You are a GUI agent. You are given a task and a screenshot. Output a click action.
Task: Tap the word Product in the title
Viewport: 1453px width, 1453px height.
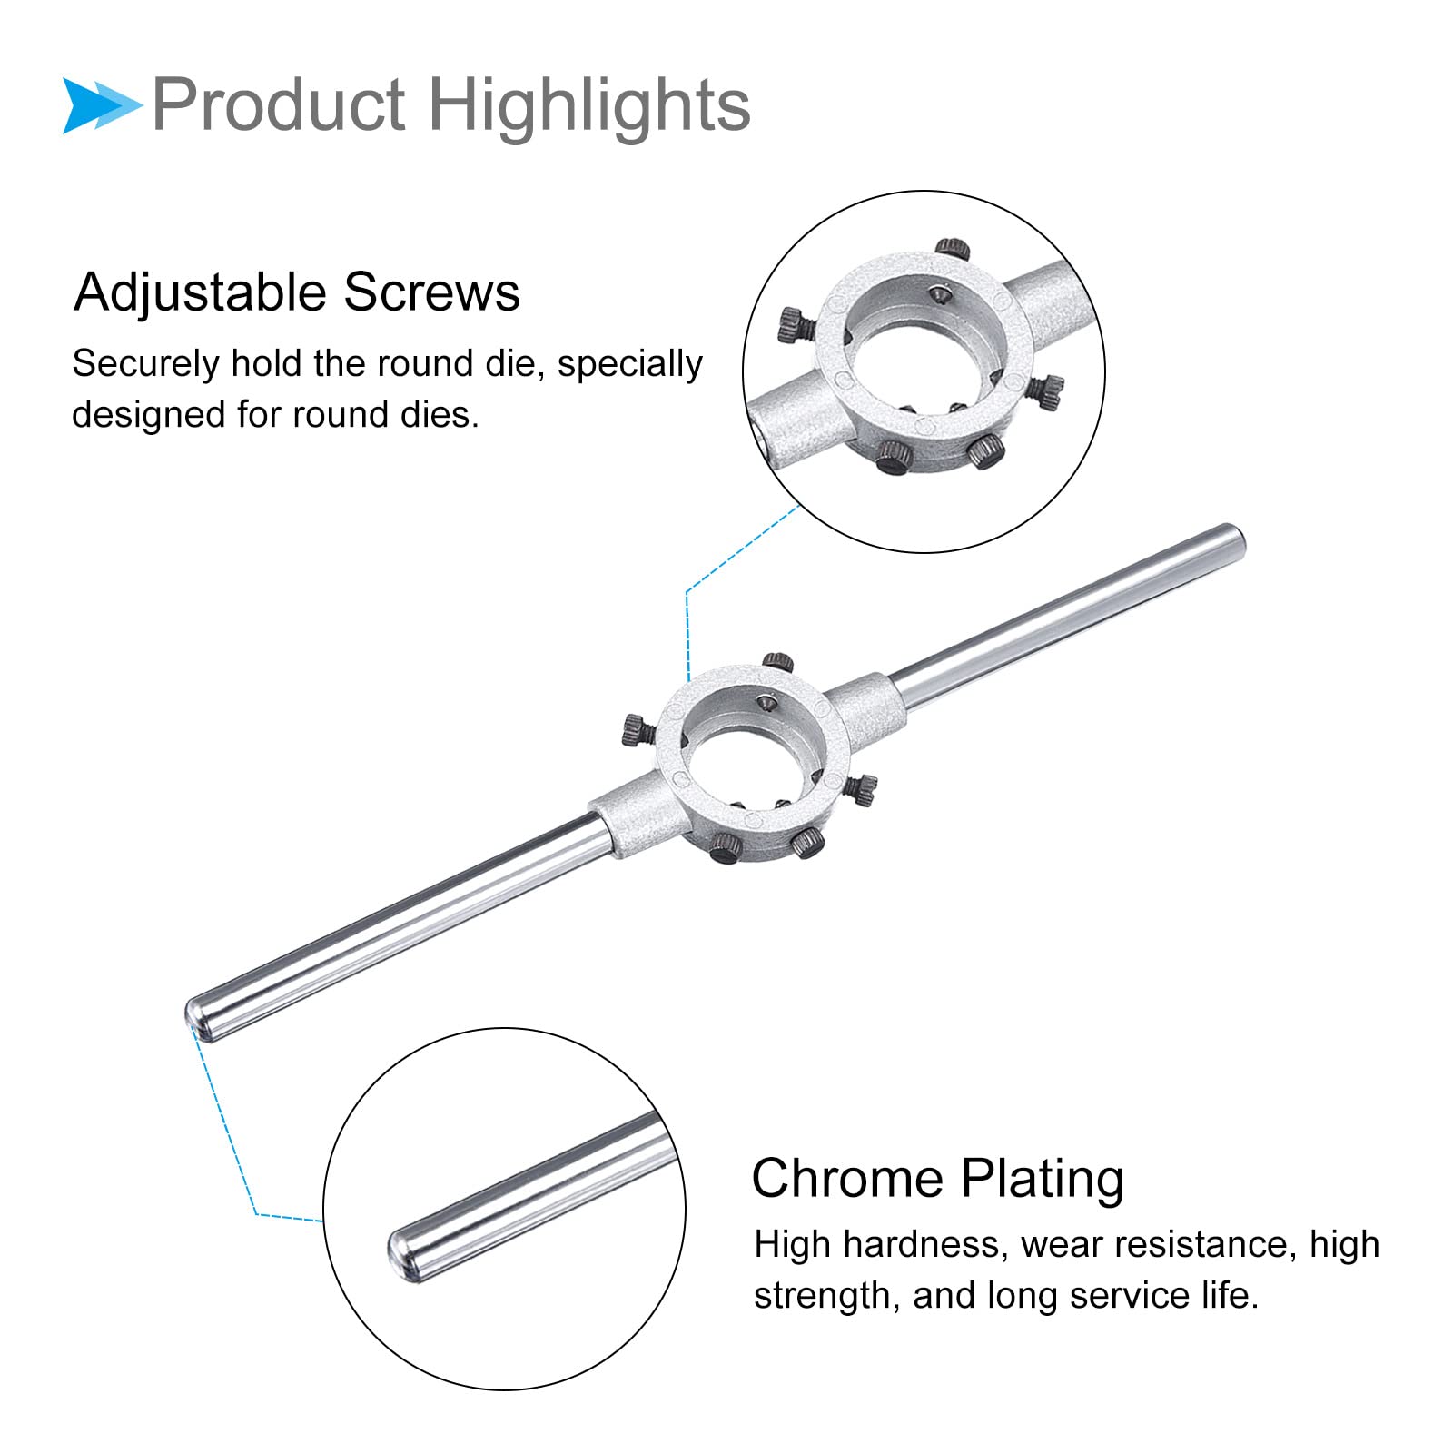[279, 104]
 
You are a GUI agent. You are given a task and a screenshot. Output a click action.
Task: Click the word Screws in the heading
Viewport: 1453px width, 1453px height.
[432, 292]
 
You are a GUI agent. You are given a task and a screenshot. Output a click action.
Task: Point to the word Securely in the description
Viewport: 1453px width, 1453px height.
[146, 365]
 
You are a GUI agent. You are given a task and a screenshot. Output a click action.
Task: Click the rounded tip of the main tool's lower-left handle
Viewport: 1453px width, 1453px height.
[196, 1018]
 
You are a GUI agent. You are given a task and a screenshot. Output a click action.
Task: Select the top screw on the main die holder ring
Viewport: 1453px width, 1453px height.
[778, 661]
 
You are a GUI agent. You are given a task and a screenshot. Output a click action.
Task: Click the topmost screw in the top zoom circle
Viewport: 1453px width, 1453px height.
[954, 248]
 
